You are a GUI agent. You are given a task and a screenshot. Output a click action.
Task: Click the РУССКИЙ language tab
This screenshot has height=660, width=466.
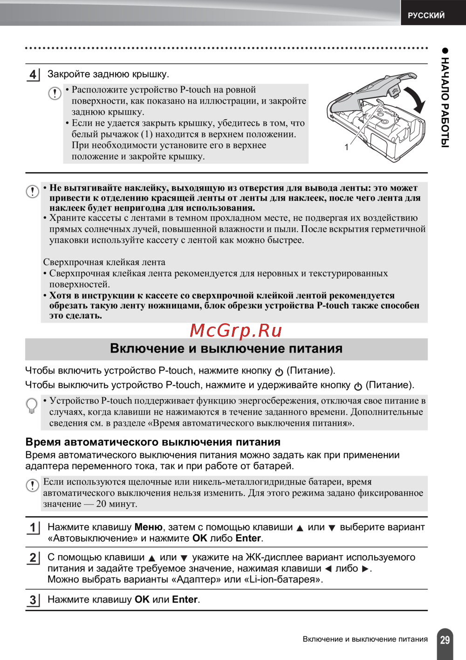pos(426,15)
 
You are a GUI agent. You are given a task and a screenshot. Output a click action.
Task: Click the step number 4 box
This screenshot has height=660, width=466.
pos(33,75)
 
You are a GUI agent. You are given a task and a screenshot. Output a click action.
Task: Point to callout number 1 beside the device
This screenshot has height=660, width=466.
pos(346,147)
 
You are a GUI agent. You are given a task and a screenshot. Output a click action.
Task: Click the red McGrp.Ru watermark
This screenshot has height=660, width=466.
pos(236,330)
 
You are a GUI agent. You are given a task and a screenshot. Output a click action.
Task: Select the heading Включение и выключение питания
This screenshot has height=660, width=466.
pos(226,348)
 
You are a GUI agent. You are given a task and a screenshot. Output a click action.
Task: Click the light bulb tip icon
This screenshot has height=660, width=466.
pos(32,405)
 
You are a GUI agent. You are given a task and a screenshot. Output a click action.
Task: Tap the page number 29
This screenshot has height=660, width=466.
pos(445,640)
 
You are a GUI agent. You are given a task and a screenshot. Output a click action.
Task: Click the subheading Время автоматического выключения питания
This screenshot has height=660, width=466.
pos(153,442)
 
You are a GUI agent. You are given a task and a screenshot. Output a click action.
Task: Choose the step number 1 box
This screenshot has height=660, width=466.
pos(33,528)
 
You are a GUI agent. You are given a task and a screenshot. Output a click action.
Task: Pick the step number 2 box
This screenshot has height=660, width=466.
pos(33,558)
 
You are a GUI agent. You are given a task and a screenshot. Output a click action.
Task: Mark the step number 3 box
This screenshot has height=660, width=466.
pos(33,600)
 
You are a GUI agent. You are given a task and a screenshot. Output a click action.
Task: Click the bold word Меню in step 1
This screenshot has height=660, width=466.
pos(148,527)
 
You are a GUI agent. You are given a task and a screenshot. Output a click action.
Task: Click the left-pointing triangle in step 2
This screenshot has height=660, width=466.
pos(328,569)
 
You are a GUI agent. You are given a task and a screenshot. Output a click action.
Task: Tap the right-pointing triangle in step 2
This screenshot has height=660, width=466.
pos(365,569)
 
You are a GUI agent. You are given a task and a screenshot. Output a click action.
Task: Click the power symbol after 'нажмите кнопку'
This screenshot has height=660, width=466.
pos(279,372)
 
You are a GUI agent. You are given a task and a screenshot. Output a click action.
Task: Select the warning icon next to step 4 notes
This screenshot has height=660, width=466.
pos(55,93)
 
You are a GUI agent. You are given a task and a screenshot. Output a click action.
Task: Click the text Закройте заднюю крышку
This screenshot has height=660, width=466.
pos(108,74)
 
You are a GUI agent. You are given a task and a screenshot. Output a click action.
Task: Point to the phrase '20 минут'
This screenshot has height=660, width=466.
pos(116,504)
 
